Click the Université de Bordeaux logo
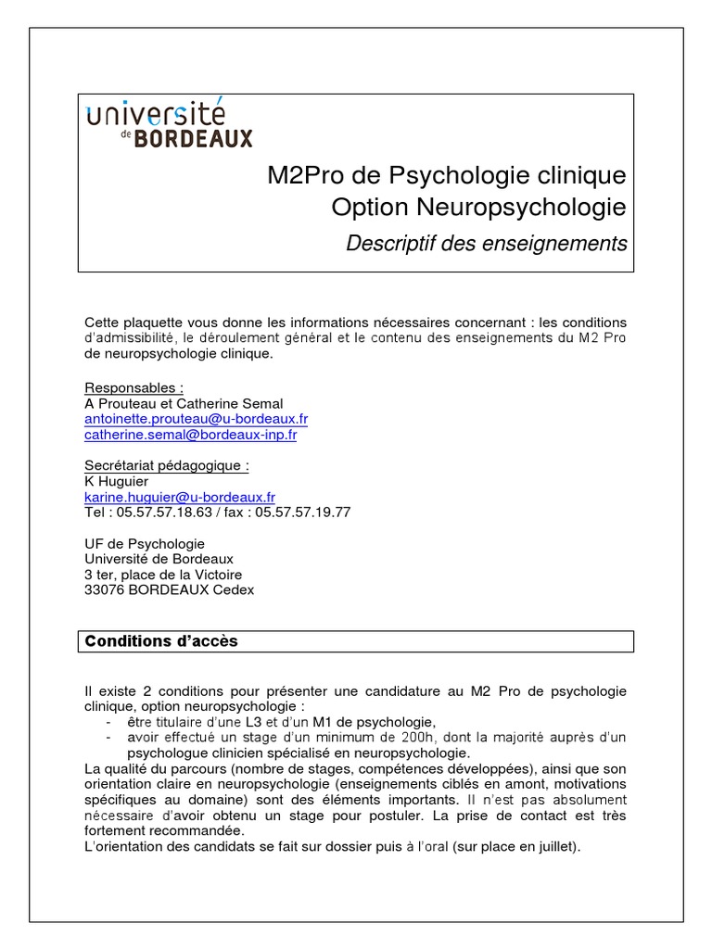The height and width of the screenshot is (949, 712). pos(169,125)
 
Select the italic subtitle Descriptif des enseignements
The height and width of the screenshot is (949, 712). pos(486,244)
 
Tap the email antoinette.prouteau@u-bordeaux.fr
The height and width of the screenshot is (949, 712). pos(197,419)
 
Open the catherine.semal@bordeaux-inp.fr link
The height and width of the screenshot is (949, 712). pos(191,435)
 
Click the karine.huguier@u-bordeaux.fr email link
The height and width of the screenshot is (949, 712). pos(180,498)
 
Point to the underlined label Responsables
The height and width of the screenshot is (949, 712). pos(133,387)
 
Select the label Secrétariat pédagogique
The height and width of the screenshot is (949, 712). pos(167,466)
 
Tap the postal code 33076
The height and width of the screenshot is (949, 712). pos(105,589)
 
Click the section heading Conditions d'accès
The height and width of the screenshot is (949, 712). pos(161,641)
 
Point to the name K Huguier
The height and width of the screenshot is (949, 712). pos(117,482)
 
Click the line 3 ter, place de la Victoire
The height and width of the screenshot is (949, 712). pos(163,575)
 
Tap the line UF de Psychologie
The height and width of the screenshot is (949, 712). pos(145,544)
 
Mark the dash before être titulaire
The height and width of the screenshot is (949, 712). pos(109,722)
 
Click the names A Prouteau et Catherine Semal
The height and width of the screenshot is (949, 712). pos(184,403)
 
